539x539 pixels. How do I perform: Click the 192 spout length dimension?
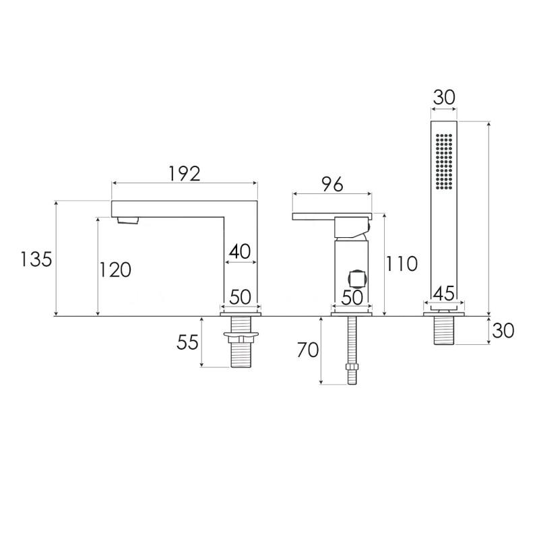click(184, 174)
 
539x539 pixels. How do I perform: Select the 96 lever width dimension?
click(332, 185)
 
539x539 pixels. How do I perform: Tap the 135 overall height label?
click(36, 259)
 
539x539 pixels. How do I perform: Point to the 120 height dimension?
click(115, 269)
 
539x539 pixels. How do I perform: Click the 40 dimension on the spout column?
click(240, 251)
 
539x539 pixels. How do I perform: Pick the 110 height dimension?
click(402, 264)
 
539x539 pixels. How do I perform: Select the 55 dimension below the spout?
click(188, 342)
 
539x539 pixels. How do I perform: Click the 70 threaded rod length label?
click(308, 350)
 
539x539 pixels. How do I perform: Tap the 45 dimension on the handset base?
click(444, 293)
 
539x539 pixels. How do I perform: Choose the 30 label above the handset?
click(444, 97)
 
